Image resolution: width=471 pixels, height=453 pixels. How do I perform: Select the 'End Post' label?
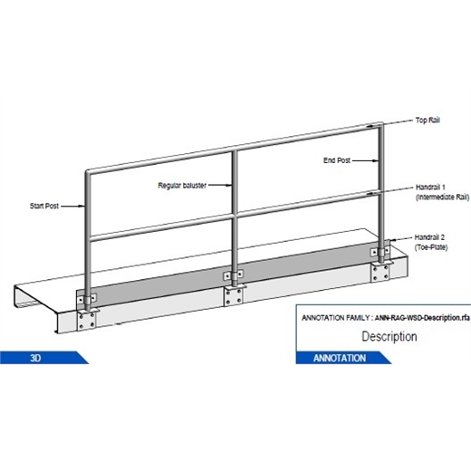[336, 160]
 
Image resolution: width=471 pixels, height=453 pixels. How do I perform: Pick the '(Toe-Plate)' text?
[430, 244]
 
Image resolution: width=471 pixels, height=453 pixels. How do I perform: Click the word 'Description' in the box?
[389, 337]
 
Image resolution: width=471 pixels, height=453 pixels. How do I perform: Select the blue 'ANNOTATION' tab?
[340, 357]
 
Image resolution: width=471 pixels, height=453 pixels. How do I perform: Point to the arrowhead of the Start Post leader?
[86, 207]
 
